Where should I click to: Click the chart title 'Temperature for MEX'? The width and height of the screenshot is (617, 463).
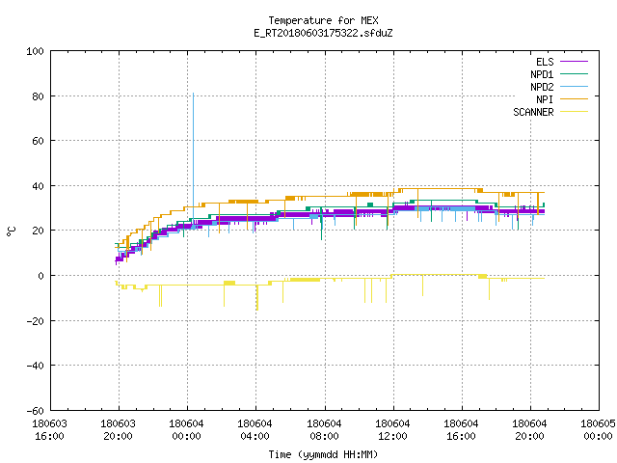323,20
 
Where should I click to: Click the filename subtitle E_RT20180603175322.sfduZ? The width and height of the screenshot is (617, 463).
323,33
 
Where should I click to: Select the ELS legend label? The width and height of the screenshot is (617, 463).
545,62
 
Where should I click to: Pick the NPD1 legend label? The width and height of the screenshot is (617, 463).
542,74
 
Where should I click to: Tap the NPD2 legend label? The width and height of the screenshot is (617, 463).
542,87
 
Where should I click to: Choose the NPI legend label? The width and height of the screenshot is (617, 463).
545,99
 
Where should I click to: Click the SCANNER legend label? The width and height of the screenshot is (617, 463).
533,112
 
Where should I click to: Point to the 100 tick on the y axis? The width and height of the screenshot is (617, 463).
35,51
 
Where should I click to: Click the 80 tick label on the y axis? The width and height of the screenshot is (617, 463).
39,96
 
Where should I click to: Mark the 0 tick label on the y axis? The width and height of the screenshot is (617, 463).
40,276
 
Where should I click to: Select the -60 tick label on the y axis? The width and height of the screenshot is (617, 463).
35,411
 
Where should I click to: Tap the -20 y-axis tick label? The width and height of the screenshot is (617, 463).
35,321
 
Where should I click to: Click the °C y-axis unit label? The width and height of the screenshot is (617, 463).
11,231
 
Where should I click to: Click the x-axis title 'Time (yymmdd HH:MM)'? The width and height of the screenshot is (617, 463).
323,454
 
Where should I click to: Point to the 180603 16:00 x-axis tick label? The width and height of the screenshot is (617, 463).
49,430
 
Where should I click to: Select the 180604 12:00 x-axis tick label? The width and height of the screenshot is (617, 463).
392,430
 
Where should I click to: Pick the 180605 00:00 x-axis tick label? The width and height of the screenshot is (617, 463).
598,430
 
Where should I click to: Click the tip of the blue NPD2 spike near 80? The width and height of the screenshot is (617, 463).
193,94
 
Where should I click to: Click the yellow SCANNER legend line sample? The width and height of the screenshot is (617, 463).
575,112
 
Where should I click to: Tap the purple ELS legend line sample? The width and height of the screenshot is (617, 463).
575,62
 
